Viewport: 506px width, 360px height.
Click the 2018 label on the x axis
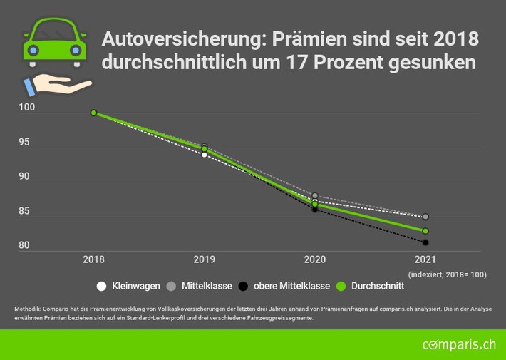tap(93, 260)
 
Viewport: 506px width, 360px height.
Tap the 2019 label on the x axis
tap(204, 260)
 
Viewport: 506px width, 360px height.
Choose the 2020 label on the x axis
tap(314, 260)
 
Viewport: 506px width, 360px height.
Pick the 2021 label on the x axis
tap(425, 260)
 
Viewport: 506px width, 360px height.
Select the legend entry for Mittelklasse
tap(199, 287)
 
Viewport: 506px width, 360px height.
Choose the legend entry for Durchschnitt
tap(371, 287)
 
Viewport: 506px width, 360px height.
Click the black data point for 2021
tap(425, 242)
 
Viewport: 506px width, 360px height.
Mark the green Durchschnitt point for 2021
tap(425, 231)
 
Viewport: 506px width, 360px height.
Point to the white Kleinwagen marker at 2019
tap(204, 154)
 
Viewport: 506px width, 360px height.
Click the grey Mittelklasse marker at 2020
tap(314, 196)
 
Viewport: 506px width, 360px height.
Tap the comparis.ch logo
tap(449, 345)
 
